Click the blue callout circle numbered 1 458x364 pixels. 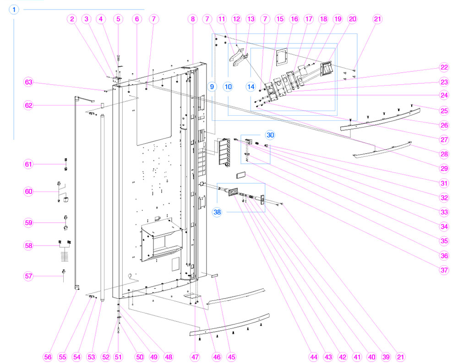[x=14, y=10]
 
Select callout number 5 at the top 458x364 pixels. [x=118, y=19]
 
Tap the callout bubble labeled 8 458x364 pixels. [x=192, y=19]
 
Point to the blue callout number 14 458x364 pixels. [x=251, y=86]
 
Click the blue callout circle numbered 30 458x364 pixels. [x=270, y=135]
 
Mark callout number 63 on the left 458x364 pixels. [x=29, y=82]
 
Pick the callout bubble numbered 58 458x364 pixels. [x=29, y=246]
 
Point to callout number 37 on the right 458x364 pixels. [x=443, y=270]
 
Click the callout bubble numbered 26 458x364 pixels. [x=443, y=125]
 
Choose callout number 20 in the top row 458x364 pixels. [x=352, y=19]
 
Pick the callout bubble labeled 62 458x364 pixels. [x=29, y=106]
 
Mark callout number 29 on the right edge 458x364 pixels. [x=443, y=169]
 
